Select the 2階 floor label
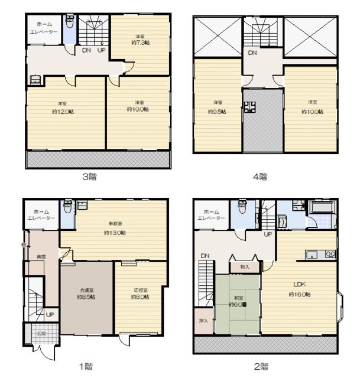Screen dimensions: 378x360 click(261, 366)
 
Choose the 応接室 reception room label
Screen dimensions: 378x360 click(140, 291)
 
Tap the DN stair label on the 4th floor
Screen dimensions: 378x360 click(252, 53)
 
